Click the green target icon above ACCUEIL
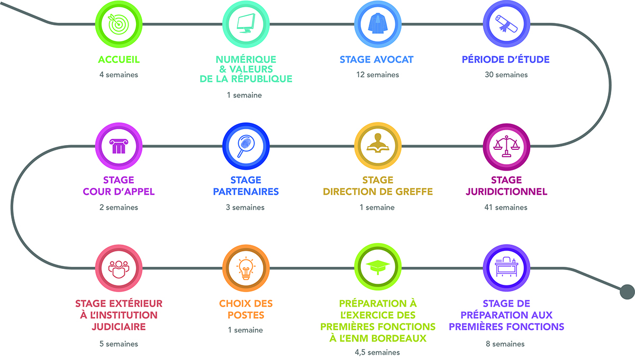pyautogui.click(x=119, y=23)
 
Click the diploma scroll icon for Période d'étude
pyautogui.click(x=506, y=23)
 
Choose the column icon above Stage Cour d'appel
pyautogui.click(x=119, y=145)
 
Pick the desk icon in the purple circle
pyautogui.click(x=506, y=267)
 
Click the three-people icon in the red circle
pyautogui.click(x=119, y=267)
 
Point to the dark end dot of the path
pyautogui.click(x=627, y=291)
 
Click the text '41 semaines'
pyautogui.click(x=506, y=208)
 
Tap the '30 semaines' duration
pyautogui.click(x=506, y=75)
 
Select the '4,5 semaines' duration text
pyautogui.click(x=378, y=352)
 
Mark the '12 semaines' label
pyautogui.click(x=377, y=75)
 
